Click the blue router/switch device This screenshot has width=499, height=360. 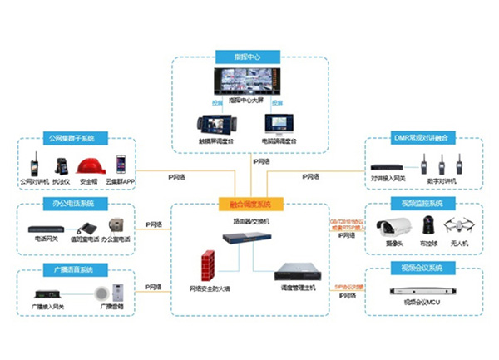coord(246,238)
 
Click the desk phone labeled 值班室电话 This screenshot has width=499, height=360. coord(86,228)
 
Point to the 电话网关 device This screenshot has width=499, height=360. coord(47,229)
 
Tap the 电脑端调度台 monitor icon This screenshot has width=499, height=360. coord(278,126)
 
